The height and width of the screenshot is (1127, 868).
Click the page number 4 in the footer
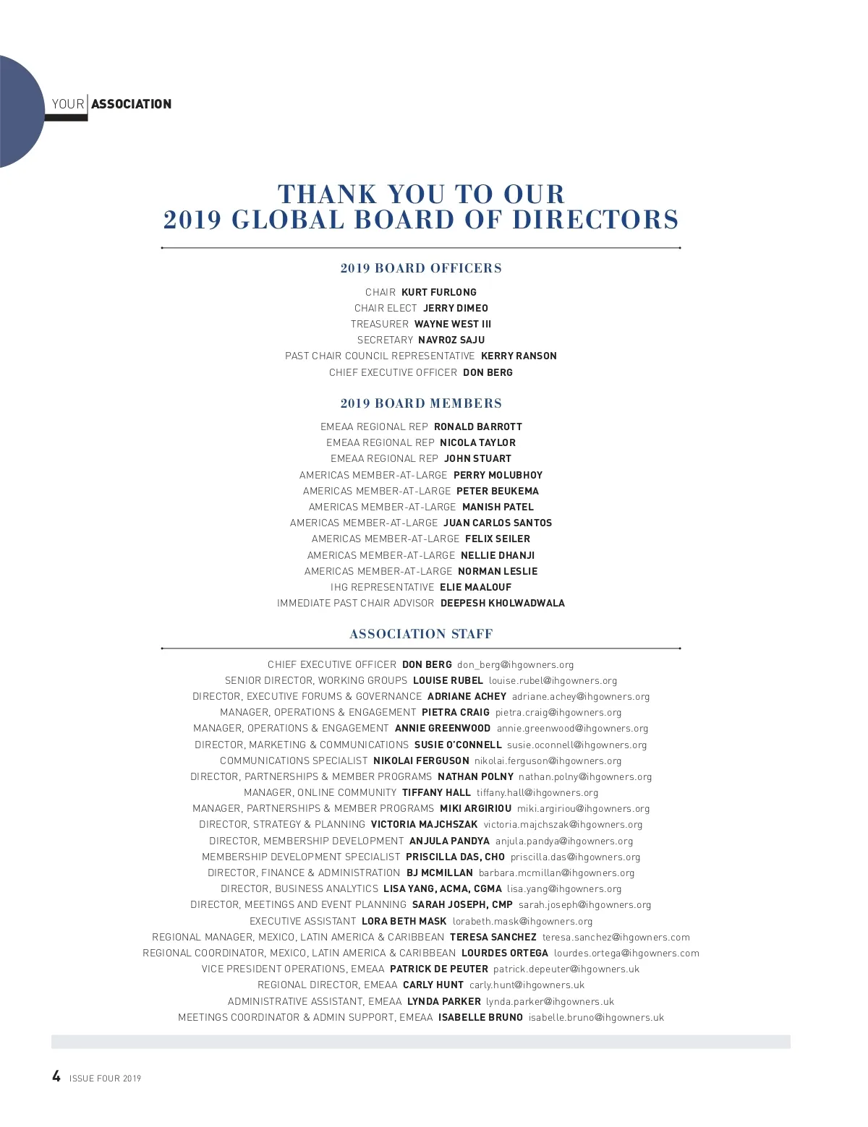(56, 1076)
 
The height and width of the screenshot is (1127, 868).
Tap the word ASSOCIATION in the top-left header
(131, 104)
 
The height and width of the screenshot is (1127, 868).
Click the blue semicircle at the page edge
(18, 112)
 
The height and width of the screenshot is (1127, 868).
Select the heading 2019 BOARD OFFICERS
(421, 268)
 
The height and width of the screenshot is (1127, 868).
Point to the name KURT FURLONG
(439, 292)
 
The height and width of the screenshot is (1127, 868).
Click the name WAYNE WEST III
(453, 324)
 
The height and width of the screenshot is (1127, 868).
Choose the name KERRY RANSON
(519, 356)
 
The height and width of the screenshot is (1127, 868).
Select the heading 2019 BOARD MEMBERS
(421, 403)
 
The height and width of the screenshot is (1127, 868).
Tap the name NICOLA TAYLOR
(477, 442)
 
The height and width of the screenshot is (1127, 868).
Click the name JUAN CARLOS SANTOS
(498, 523)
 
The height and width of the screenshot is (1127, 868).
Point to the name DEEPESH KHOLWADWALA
(503, 603)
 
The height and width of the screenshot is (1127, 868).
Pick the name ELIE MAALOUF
(475, 587)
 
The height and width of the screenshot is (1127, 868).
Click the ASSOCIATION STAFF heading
(421, 634)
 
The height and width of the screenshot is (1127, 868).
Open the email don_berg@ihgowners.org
(515, 664)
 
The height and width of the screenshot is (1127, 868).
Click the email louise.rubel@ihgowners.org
(553, 680)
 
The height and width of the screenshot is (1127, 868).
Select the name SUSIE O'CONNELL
(458, 745)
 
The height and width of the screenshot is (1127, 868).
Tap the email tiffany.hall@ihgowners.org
(537, 792)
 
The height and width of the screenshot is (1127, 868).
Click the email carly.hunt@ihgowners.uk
(527, 985)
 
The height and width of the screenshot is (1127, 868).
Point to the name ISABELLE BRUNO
(480, 1017)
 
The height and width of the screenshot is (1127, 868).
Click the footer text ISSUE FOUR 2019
(106, 1079)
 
